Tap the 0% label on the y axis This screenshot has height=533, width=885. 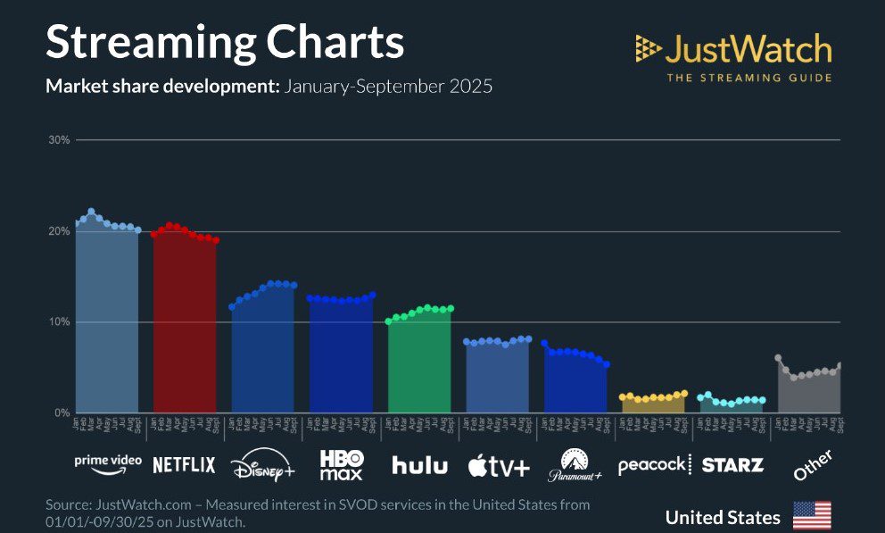click(62, 413)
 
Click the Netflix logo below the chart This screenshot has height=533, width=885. click(184, 464)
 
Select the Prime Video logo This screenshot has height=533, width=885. click(107, 462)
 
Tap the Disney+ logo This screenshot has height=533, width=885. click(262, 465)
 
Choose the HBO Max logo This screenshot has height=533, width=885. click(342, 464)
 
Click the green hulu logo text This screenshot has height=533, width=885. click(419, 464)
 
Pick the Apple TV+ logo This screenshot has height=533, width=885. click(499, 465)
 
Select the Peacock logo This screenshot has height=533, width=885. click(653, 464)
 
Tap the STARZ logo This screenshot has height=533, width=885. click(732, 464)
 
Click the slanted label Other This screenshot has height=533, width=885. click(813, 465)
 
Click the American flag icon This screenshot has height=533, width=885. click(812, 516)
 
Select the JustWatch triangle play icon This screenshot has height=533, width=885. click(648, 48)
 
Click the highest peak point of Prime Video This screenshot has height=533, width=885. click(91, 212)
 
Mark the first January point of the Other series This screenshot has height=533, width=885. click(778, 358)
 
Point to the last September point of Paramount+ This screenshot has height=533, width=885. click(607, 364)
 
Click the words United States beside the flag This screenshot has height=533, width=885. click(723, 517)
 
